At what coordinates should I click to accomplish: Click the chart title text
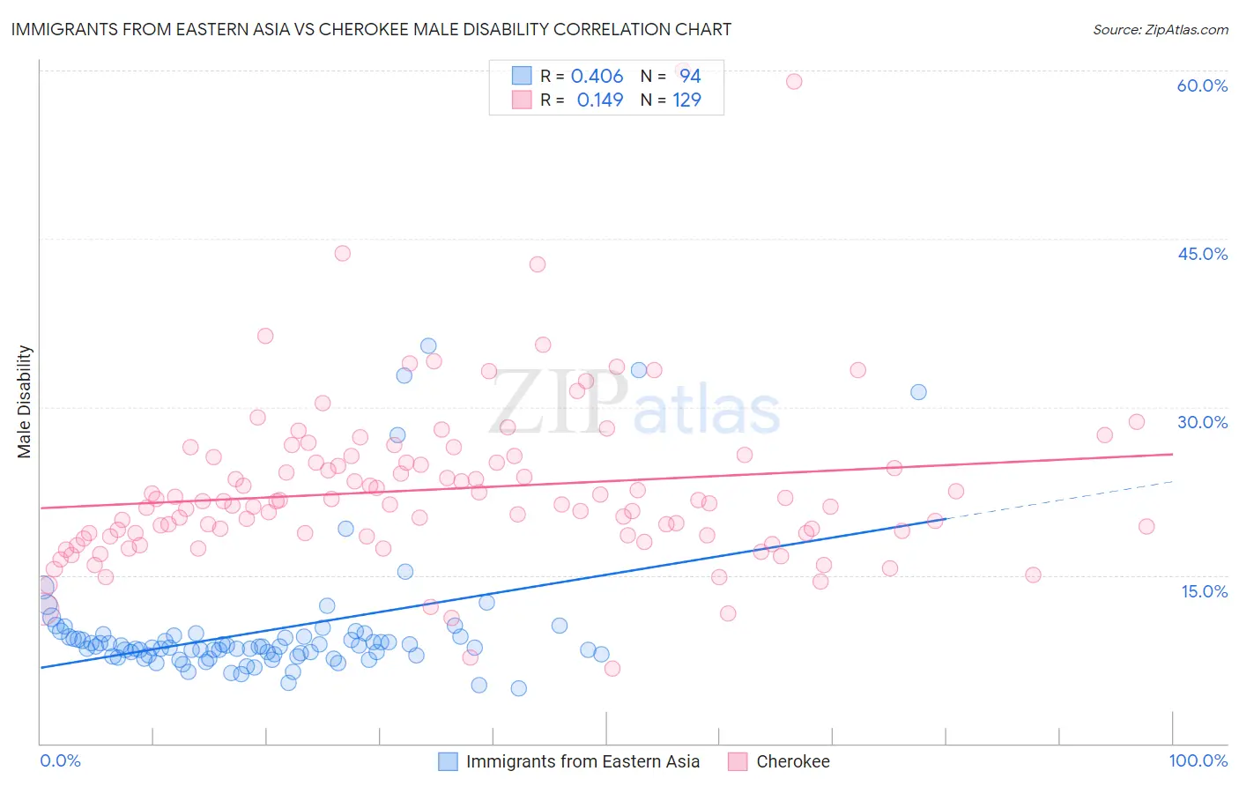pos(371,29)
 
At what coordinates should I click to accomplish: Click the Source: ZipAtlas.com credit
pos(1160,29)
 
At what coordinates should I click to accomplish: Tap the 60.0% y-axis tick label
pos(1202,85)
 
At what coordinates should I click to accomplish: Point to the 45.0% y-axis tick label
pos(1202,254)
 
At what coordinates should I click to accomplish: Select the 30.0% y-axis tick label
pos(1202,422)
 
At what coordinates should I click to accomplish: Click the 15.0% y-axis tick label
pos(1204,591)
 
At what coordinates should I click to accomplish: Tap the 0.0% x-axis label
pos(60,760)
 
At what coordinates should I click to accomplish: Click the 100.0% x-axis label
pos(1198,760)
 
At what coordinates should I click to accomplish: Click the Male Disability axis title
pos(25,401)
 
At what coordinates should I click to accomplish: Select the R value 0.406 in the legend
pos(597,77)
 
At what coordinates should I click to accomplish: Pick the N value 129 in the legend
pos(686,100)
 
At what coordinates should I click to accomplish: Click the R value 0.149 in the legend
pos(599,100)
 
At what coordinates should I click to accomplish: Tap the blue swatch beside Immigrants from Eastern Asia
pos(448,761)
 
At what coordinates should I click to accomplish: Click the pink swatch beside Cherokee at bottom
pos(738,761)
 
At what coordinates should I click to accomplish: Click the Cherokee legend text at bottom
pos(792,761)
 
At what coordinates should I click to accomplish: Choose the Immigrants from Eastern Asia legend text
pos(582,761)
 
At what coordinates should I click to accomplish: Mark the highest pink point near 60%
pos(793,81)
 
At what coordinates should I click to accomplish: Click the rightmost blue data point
pos(918,392)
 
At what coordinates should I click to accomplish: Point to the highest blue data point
pos(428,346)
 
